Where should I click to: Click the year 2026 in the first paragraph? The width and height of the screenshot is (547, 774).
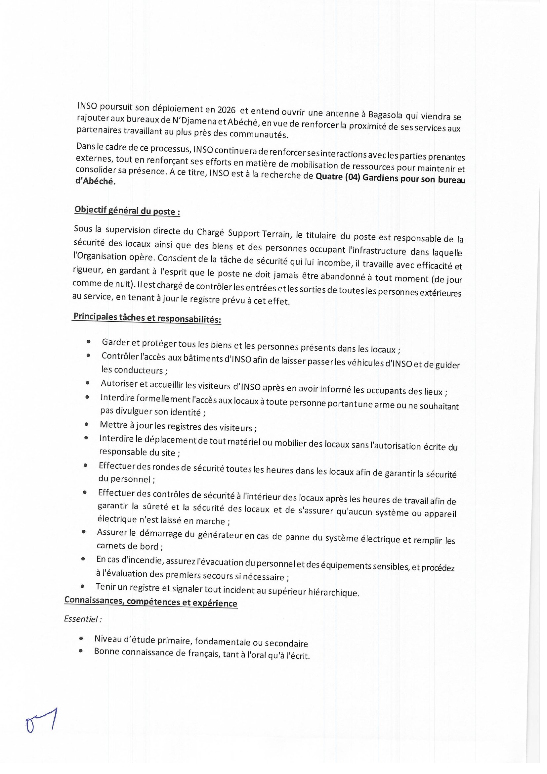(226, 110)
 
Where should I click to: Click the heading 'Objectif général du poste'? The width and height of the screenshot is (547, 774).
(127, 211)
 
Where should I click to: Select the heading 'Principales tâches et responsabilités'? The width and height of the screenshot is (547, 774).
(147, 317)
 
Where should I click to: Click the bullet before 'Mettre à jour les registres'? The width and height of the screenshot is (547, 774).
(87, 425)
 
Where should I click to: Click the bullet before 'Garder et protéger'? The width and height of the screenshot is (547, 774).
(89, 342)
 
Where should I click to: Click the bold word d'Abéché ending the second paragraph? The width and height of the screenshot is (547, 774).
(95, 181)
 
